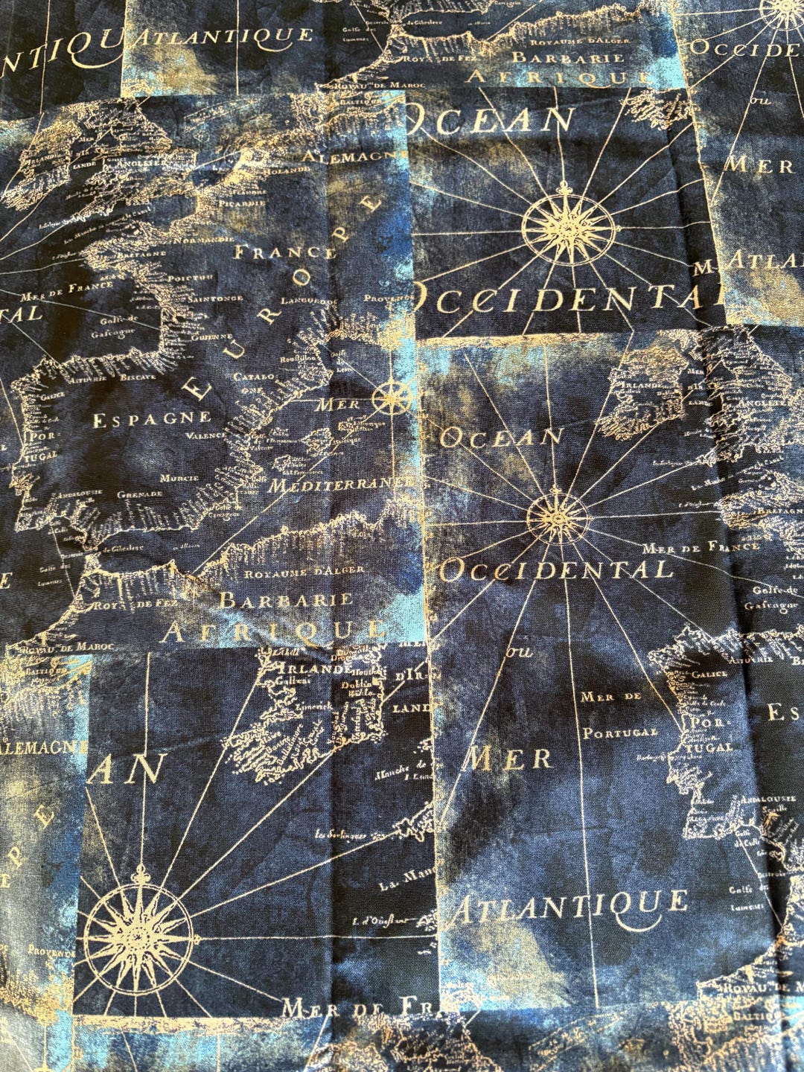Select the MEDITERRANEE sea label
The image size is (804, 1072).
tap(340, 485)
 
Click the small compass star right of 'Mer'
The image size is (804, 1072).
tap(395, 396)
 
